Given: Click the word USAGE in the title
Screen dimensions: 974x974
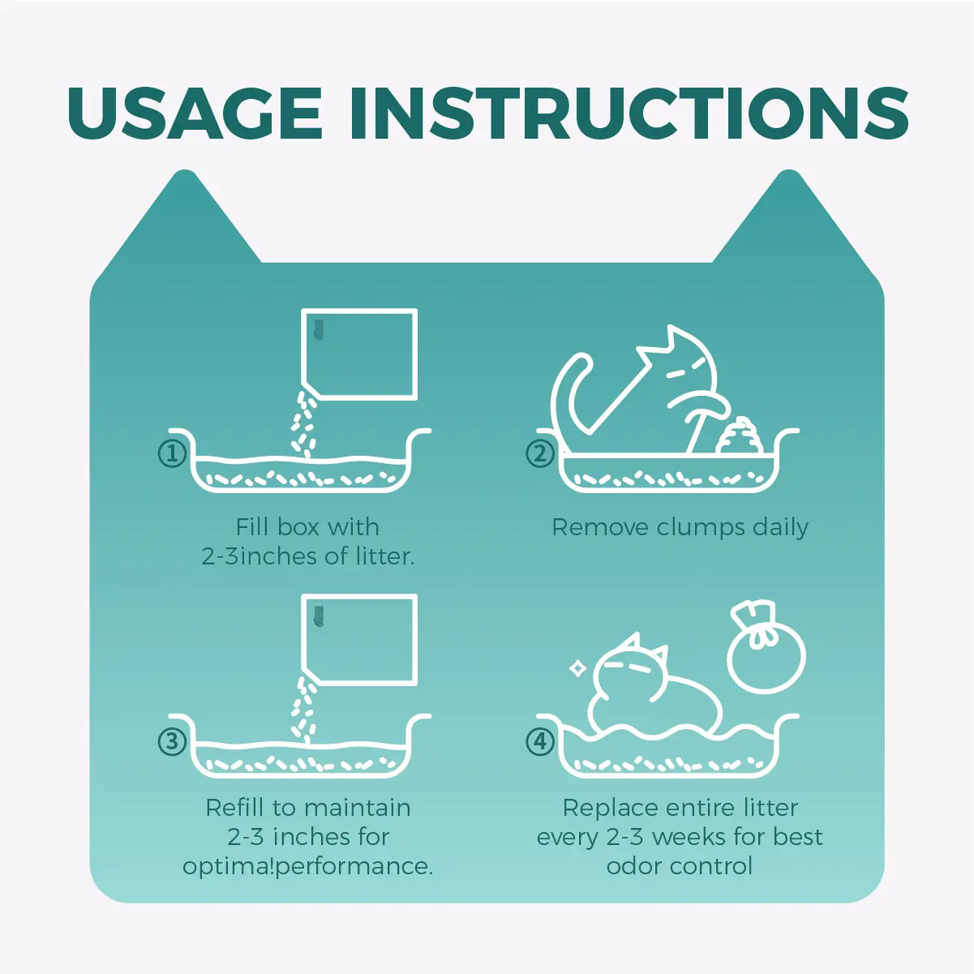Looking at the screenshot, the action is click(195, 114).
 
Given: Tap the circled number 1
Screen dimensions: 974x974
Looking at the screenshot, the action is click(173, 453).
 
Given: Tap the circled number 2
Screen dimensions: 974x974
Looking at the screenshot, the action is click(540, 453).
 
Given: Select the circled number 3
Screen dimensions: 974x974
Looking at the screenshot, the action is click(173, 741).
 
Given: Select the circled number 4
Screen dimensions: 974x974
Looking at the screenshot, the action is click(540, 741).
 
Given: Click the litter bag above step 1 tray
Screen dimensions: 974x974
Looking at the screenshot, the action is click(359, 354).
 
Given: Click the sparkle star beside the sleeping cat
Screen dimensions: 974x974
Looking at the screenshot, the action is click(577, 669).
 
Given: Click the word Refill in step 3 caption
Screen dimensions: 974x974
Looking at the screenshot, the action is click(235, 807).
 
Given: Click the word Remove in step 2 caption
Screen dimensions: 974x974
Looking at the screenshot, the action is click(600, 528).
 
